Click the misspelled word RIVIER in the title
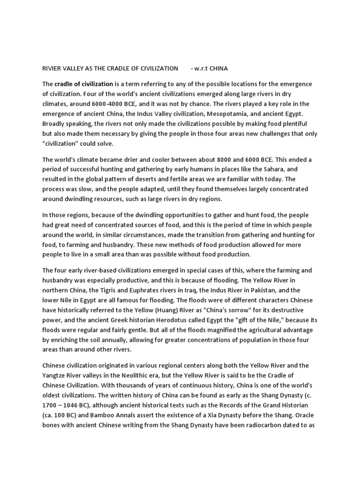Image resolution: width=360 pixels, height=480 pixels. click(x=52, y=68)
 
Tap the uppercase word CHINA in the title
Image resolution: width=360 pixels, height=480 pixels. click(x=218, y=68)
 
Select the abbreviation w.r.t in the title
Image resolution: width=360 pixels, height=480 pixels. click(x=199, y=68)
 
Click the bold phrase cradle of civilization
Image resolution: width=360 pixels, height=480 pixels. click(x=84, y=84)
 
